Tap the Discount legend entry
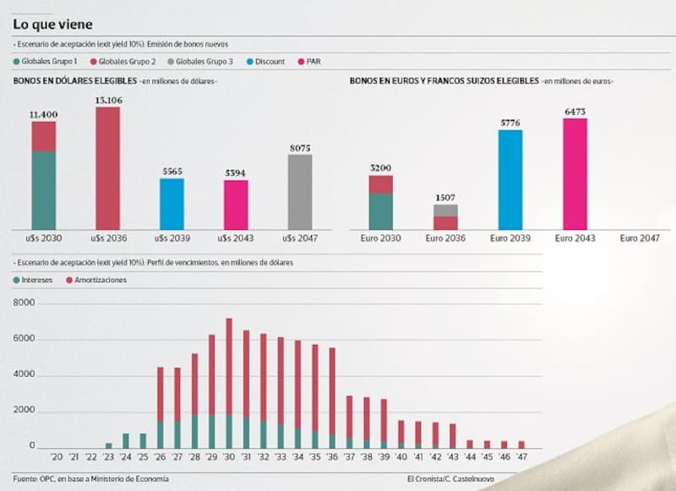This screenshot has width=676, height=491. pyautogui.click(x=267, y=62)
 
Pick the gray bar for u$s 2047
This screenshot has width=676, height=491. pyautogui.click(x=300, y=192)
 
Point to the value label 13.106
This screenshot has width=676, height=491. pyautogui.click(x=107, y=101)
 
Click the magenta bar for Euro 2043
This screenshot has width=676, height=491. pyautogui.click(x=575, y=174)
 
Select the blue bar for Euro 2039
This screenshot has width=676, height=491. pyautogui.click(x=510, y=179)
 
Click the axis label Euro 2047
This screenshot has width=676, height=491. pyautogui.click(x=640, y=239)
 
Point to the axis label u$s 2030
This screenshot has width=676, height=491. pyautogui.click(x=44, y=239)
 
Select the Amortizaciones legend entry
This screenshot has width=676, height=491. pyautogui.click(x=95, y=280)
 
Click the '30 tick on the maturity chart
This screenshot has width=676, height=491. pyautogui.click(x=229, y=457)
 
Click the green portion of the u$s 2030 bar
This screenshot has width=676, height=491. pyautogui.click(x=44, y=190)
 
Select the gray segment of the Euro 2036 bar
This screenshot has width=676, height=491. pyautogui.click(x=445, y=210)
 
